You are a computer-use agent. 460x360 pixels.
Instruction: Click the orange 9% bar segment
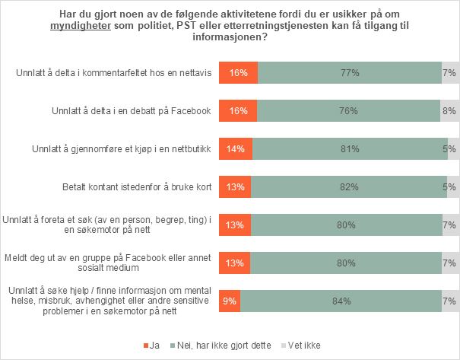click(229, 301)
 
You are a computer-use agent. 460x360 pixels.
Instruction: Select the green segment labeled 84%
click(340, 301)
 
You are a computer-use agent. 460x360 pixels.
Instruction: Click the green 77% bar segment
click(349, 73)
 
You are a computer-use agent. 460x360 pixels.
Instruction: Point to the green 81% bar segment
click(349, 149)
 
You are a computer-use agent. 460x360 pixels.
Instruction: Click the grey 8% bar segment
click(448, 111)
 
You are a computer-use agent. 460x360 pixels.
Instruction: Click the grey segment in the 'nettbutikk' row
click(452, 149)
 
